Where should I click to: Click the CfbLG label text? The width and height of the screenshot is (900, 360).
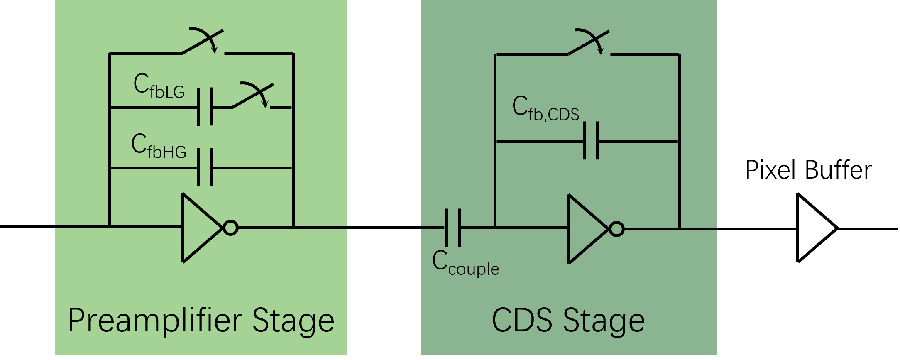(159, 86)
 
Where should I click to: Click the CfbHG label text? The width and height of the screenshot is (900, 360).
(159, 147)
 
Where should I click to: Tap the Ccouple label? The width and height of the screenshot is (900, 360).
(465, 263)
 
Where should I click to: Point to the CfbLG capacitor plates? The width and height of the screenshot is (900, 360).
(205, 107)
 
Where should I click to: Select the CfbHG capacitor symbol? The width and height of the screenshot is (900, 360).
(205, 167)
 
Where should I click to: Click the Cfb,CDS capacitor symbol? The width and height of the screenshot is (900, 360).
(591, 141)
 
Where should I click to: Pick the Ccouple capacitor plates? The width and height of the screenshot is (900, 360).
(452, 228)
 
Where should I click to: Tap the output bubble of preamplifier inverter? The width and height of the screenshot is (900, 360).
(230, 228)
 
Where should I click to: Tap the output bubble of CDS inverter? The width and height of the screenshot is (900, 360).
(616, 229)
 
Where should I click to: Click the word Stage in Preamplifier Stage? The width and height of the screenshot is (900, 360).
(293, 321)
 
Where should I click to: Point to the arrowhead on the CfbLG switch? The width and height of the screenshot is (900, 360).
(265, 104)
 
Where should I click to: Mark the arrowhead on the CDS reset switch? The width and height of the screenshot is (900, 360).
(600, 51)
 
